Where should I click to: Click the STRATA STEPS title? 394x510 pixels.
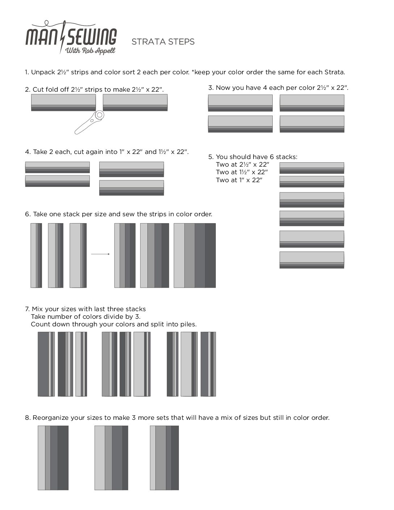point(163,42)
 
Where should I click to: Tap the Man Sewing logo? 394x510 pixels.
point(71,38)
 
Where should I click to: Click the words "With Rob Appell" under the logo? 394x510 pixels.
point(90,51)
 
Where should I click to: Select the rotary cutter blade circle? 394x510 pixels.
point(100,115)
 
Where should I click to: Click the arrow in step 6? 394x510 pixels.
point(100,254)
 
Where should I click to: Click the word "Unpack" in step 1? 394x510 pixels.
point(43,72)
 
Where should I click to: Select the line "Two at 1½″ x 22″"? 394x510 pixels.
point(242,172)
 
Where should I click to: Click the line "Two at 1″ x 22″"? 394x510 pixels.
point(239,180)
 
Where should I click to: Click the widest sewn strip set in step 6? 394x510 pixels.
point(195,255)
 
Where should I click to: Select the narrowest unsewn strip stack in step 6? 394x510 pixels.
point(36,255)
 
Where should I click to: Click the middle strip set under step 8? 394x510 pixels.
point(111,458)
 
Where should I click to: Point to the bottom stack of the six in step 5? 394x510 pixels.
point(312,260)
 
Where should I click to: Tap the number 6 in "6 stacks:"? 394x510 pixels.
point(272,157)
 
